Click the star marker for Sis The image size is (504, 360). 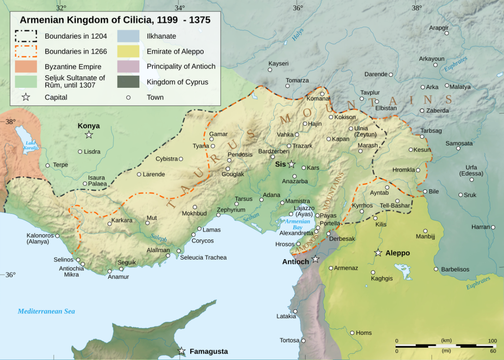[x=292, y=164]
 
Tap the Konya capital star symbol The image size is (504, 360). [x=89, y=135]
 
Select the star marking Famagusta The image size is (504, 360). [x=182, y=351]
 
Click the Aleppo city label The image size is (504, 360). [x=397, y=253]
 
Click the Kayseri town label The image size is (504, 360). [x=278, y=63]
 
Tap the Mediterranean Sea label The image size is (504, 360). [x=46, y=311]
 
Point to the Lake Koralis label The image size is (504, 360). [x=31, y=145]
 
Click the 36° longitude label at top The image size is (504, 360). [x=298, y=8]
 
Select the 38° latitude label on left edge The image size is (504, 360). [x=10, y=121]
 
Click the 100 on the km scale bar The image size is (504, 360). [x=492, y=340]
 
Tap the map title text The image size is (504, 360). [x=115, y=20]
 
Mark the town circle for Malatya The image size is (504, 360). [x=447, y=85]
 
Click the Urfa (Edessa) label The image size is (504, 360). [x=471, y=171]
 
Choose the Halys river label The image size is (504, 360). [x=298, y=35]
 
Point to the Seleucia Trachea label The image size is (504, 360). [x=203, y=257]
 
